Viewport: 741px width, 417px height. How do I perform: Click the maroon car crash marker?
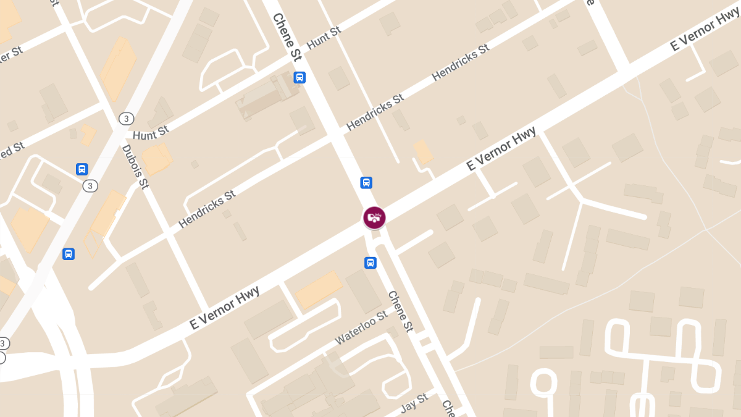(x=374, y=217)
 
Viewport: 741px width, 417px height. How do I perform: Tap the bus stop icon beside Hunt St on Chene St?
(x=299, y=77)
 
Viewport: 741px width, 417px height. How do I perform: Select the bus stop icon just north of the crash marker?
(x=366, y=182)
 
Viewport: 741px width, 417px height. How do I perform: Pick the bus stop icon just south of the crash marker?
(x=370, y=263)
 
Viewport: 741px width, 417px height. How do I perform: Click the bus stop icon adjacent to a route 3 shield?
(x=82, y=169)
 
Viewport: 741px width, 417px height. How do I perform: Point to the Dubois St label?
(x=135, y=167)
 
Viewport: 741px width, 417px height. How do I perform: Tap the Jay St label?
(x=414, y=403)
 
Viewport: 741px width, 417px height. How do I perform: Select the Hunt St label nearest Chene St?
(x=324, y=38)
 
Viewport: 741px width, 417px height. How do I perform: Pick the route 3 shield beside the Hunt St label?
(x=126, y=118)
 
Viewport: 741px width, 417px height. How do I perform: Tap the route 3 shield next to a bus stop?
(x=91, y=185)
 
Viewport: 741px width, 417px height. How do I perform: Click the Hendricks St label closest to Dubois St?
(x=207, y=209)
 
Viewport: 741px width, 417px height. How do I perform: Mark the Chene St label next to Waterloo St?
(x=400, y=311)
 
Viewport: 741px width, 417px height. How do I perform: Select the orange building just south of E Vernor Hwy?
(x=318, y=289)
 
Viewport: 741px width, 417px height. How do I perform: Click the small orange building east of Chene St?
(x=423, y=152)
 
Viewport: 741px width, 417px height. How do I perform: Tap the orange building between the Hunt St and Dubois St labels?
(x=157, y=159)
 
